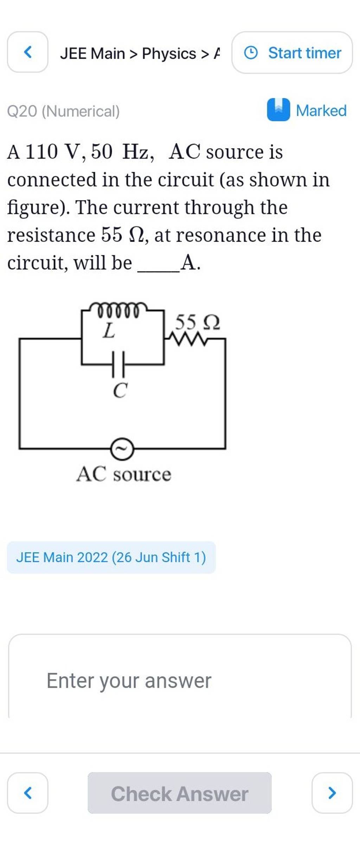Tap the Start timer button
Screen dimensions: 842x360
click(x=292, y=53)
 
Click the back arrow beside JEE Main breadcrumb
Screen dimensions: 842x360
click(x=27, y=52)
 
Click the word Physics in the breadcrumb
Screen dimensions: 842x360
click(x=169, y=53)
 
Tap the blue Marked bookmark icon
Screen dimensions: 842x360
click(x=278, y=110)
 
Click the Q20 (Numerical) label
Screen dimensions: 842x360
click(x=64, y=111)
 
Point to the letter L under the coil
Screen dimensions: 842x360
click(x=108, y=331)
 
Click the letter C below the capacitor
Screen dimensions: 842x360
click(x=120, y=390)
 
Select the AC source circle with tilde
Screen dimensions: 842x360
click(x=122, y=449)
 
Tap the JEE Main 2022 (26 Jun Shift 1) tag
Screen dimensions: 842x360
click(x=111, y=557)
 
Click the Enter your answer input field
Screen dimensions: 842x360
click(x=179, y=681)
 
